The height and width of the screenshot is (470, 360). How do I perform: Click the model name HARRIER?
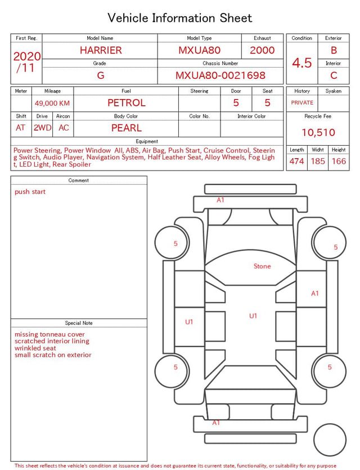tap(101, 50)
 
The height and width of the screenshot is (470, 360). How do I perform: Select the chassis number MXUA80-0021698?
tap(220, 75)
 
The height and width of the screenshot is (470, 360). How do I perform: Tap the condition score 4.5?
tap(302, 63)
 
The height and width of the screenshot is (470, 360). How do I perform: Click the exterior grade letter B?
tap(334, 50)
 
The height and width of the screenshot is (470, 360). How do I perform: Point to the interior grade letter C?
tap(334, 75)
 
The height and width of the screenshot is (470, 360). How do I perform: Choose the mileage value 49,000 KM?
tap(52, 104)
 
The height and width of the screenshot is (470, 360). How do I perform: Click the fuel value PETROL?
tap(127, 103)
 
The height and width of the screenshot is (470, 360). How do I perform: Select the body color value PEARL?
tap(127, 128)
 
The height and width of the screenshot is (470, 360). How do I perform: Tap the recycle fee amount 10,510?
tap(318, 132)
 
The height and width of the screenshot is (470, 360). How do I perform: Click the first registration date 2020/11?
tap(26, 62)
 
